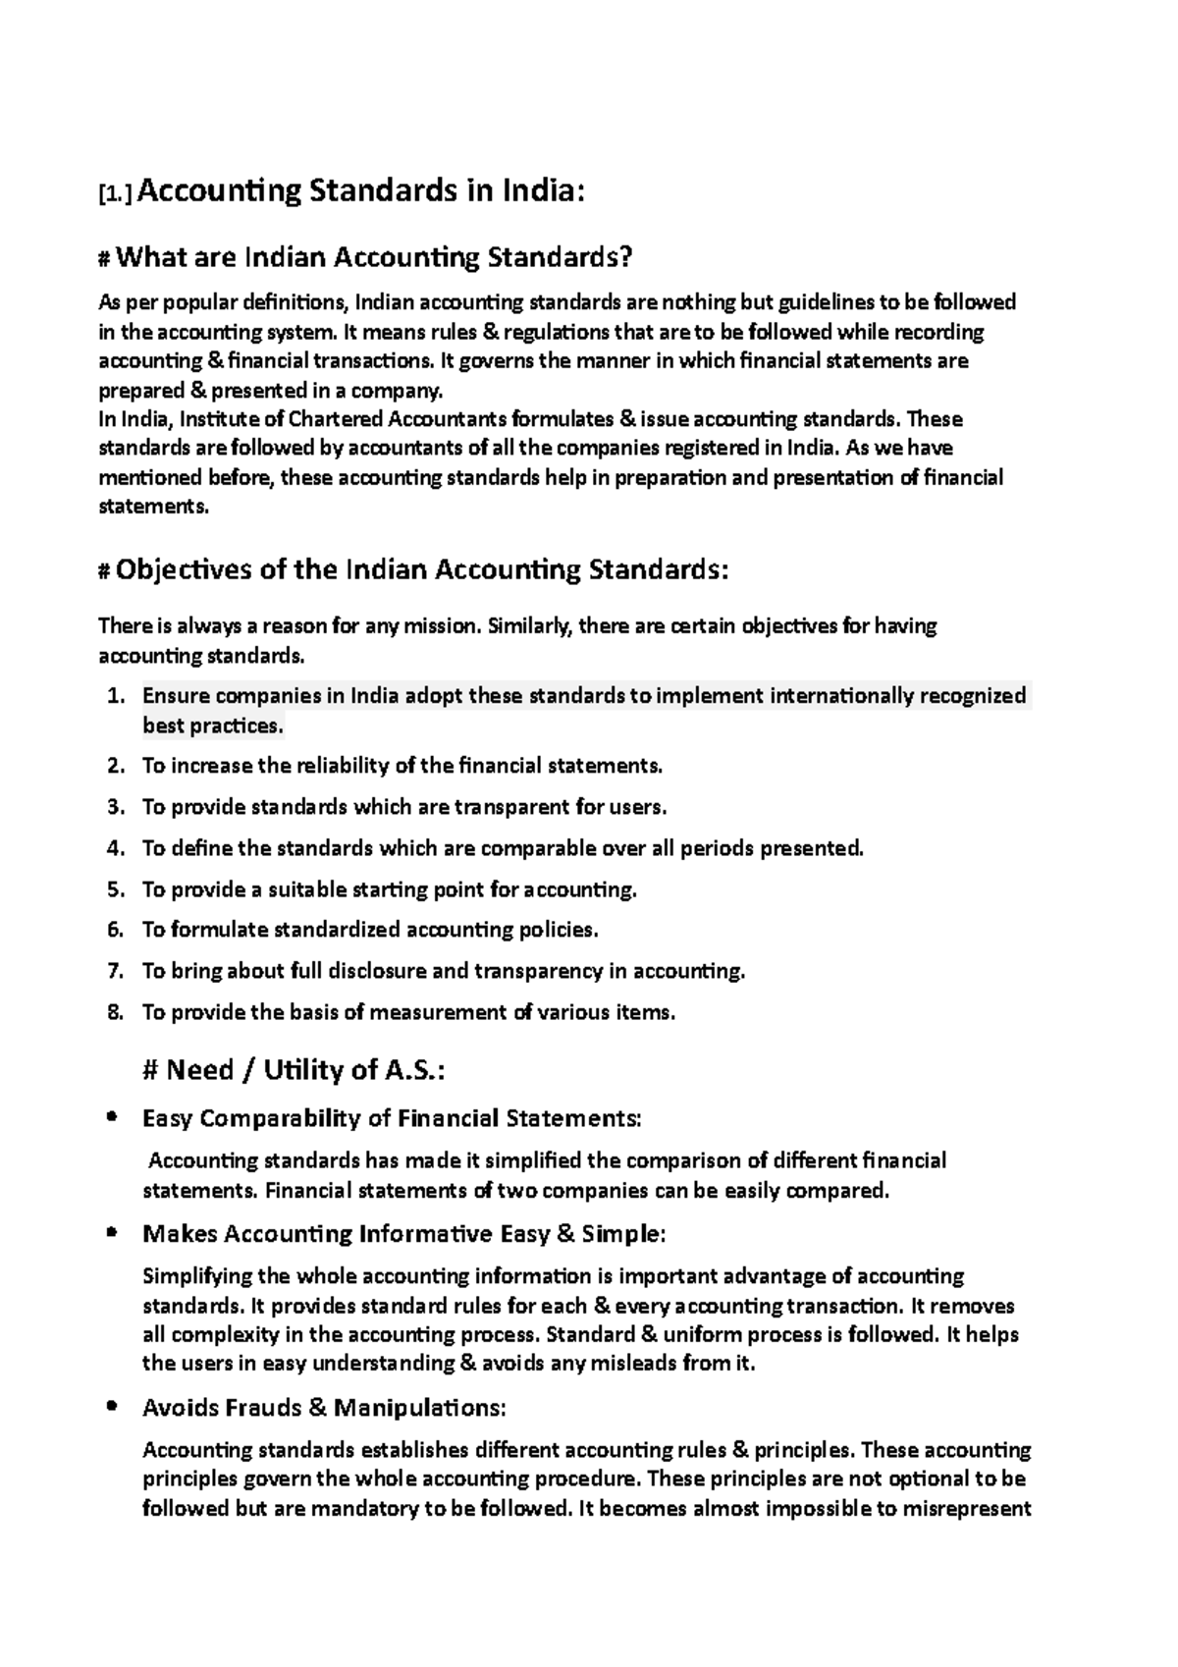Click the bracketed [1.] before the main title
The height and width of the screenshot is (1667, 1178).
coord(116,193)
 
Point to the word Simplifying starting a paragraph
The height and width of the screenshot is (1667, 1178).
coord(196,1276)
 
